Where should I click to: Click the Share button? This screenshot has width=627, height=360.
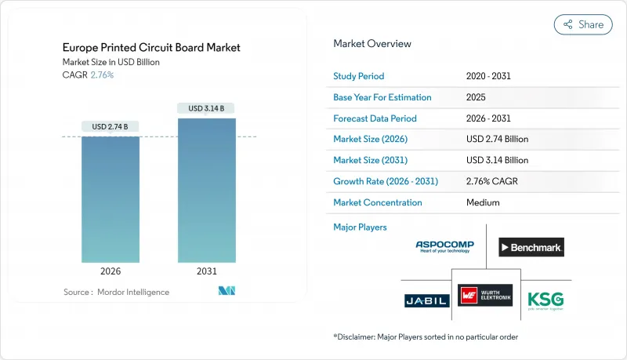click(x=583, y=24)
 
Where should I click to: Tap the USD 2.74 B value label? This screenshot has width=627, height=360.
click(x=111, y=127)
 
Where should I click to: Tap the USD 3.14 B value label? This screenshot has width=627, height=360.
click(x=207, y=108)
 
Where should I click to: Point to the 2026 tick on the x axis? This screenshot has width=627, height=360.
click(x=111, y=271)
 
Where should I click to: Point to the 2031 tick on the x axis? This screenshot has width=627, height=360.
click(x=207, y=271)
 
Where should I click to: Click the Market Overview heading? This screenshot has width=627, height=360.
click(x=372, y=44)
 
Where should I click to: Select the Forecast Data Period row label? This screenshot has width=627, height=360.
click(x=375, y=118)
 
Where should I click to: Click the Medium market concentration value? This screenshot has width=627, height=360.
click(x=484, y=202)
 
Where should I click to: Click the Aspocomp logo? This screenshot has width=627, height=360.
click(x=445, y=247)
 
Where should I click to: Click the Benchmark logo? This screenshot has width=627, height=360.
click(x=531, y=248)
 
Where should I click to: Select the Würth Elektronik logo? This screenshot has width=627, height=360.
click(x=486, y=296)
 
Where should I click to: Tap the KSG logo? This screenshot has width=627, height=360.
click(x=545, y=300)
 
